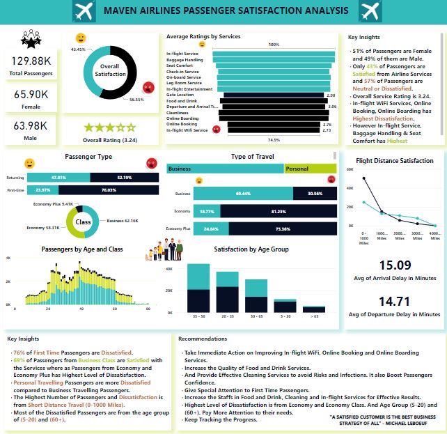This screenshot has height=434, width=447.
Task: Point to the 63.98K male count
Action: point(29,125)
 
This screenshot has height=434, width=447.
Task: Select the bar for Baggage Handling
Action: point(272,60)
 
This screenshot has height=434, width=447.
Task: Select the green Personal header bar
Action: point(310,169)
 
